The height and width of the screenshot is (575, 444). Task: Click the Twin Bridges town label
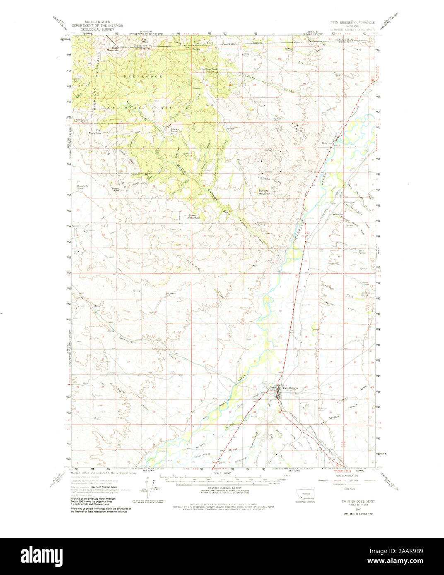tap(290, 388)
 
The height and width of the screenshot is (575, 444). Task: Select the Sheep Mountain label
tap(194, 216)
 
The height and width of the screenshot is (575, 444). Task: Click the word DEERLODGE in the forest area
tap(136, 77)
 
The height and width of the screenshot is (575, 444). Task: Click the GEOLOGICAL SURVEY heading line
tap(99, 30)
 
